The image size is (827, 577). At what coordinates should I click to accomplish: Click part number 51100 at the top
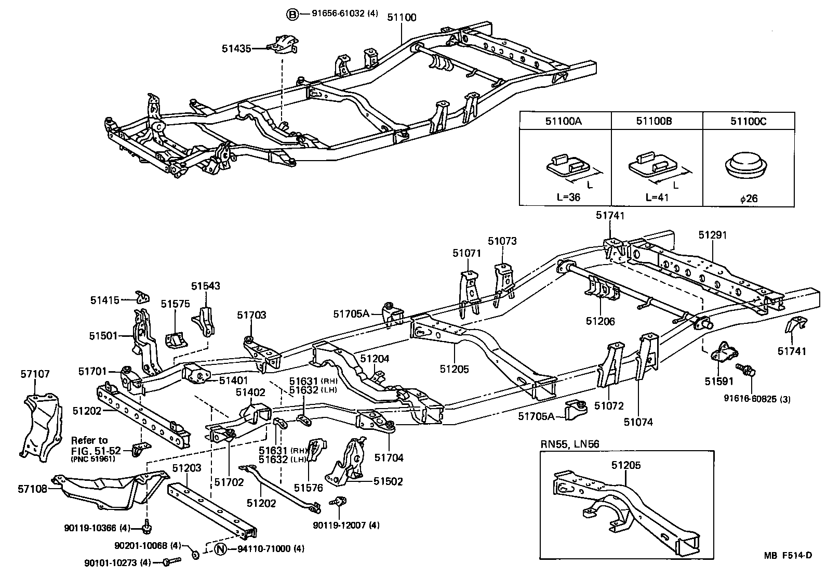(x=402, y=17)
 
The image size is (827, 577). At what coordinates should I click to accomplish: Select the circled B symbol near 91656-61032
(x=292, y=14)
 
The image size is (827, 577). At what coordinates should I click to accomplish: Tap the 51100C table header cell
(x=748, y=122)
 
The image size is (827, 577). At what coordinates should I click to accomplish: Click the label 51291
(x=712, y=235)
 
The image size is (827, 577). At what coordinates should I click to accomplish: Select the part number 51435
(x=236, y=48)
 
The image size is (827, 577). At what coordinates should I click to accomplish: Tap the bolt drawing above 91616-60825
(x=749, y=371)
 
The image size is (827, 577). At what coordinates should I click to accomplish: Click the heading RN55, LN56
(x=570, y=443)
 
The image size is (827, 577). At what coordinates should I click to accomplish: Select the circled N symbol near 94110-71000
(x=220, y=549)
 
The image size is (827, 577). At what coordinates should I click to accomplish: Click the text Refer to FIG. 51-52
(x=89, y=445)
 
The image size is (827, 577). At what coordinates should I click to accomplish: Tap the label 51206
(x=600, y=321)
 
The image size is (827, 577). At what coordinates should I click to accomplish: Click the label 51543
(x=205, y=285)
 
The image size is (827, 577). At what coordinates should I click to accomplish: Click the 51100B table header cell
(x=657, y=122)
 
